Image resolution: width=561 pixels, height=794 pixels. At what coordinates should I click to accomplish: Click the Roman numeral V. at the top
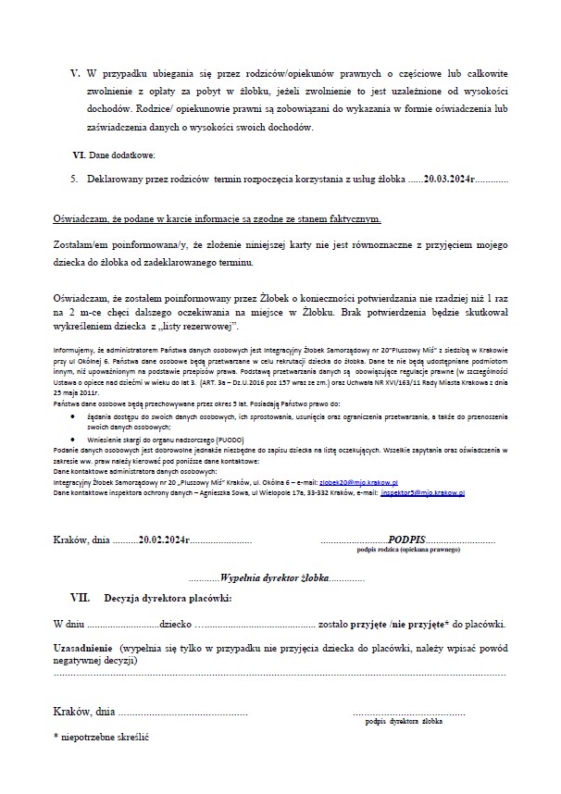(x=76, y=72)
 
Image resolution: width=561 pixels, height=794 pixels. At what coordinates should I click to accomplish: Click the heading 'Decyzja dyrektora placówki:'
(x=168, y=597)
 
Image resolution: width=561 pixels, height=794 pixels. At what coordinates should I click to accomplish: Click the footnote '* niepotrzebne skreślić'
(x=102, y=740)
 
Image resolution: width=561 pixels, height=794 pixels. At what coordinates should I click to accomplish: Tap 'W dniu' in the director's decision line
(x=69, y=625)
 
